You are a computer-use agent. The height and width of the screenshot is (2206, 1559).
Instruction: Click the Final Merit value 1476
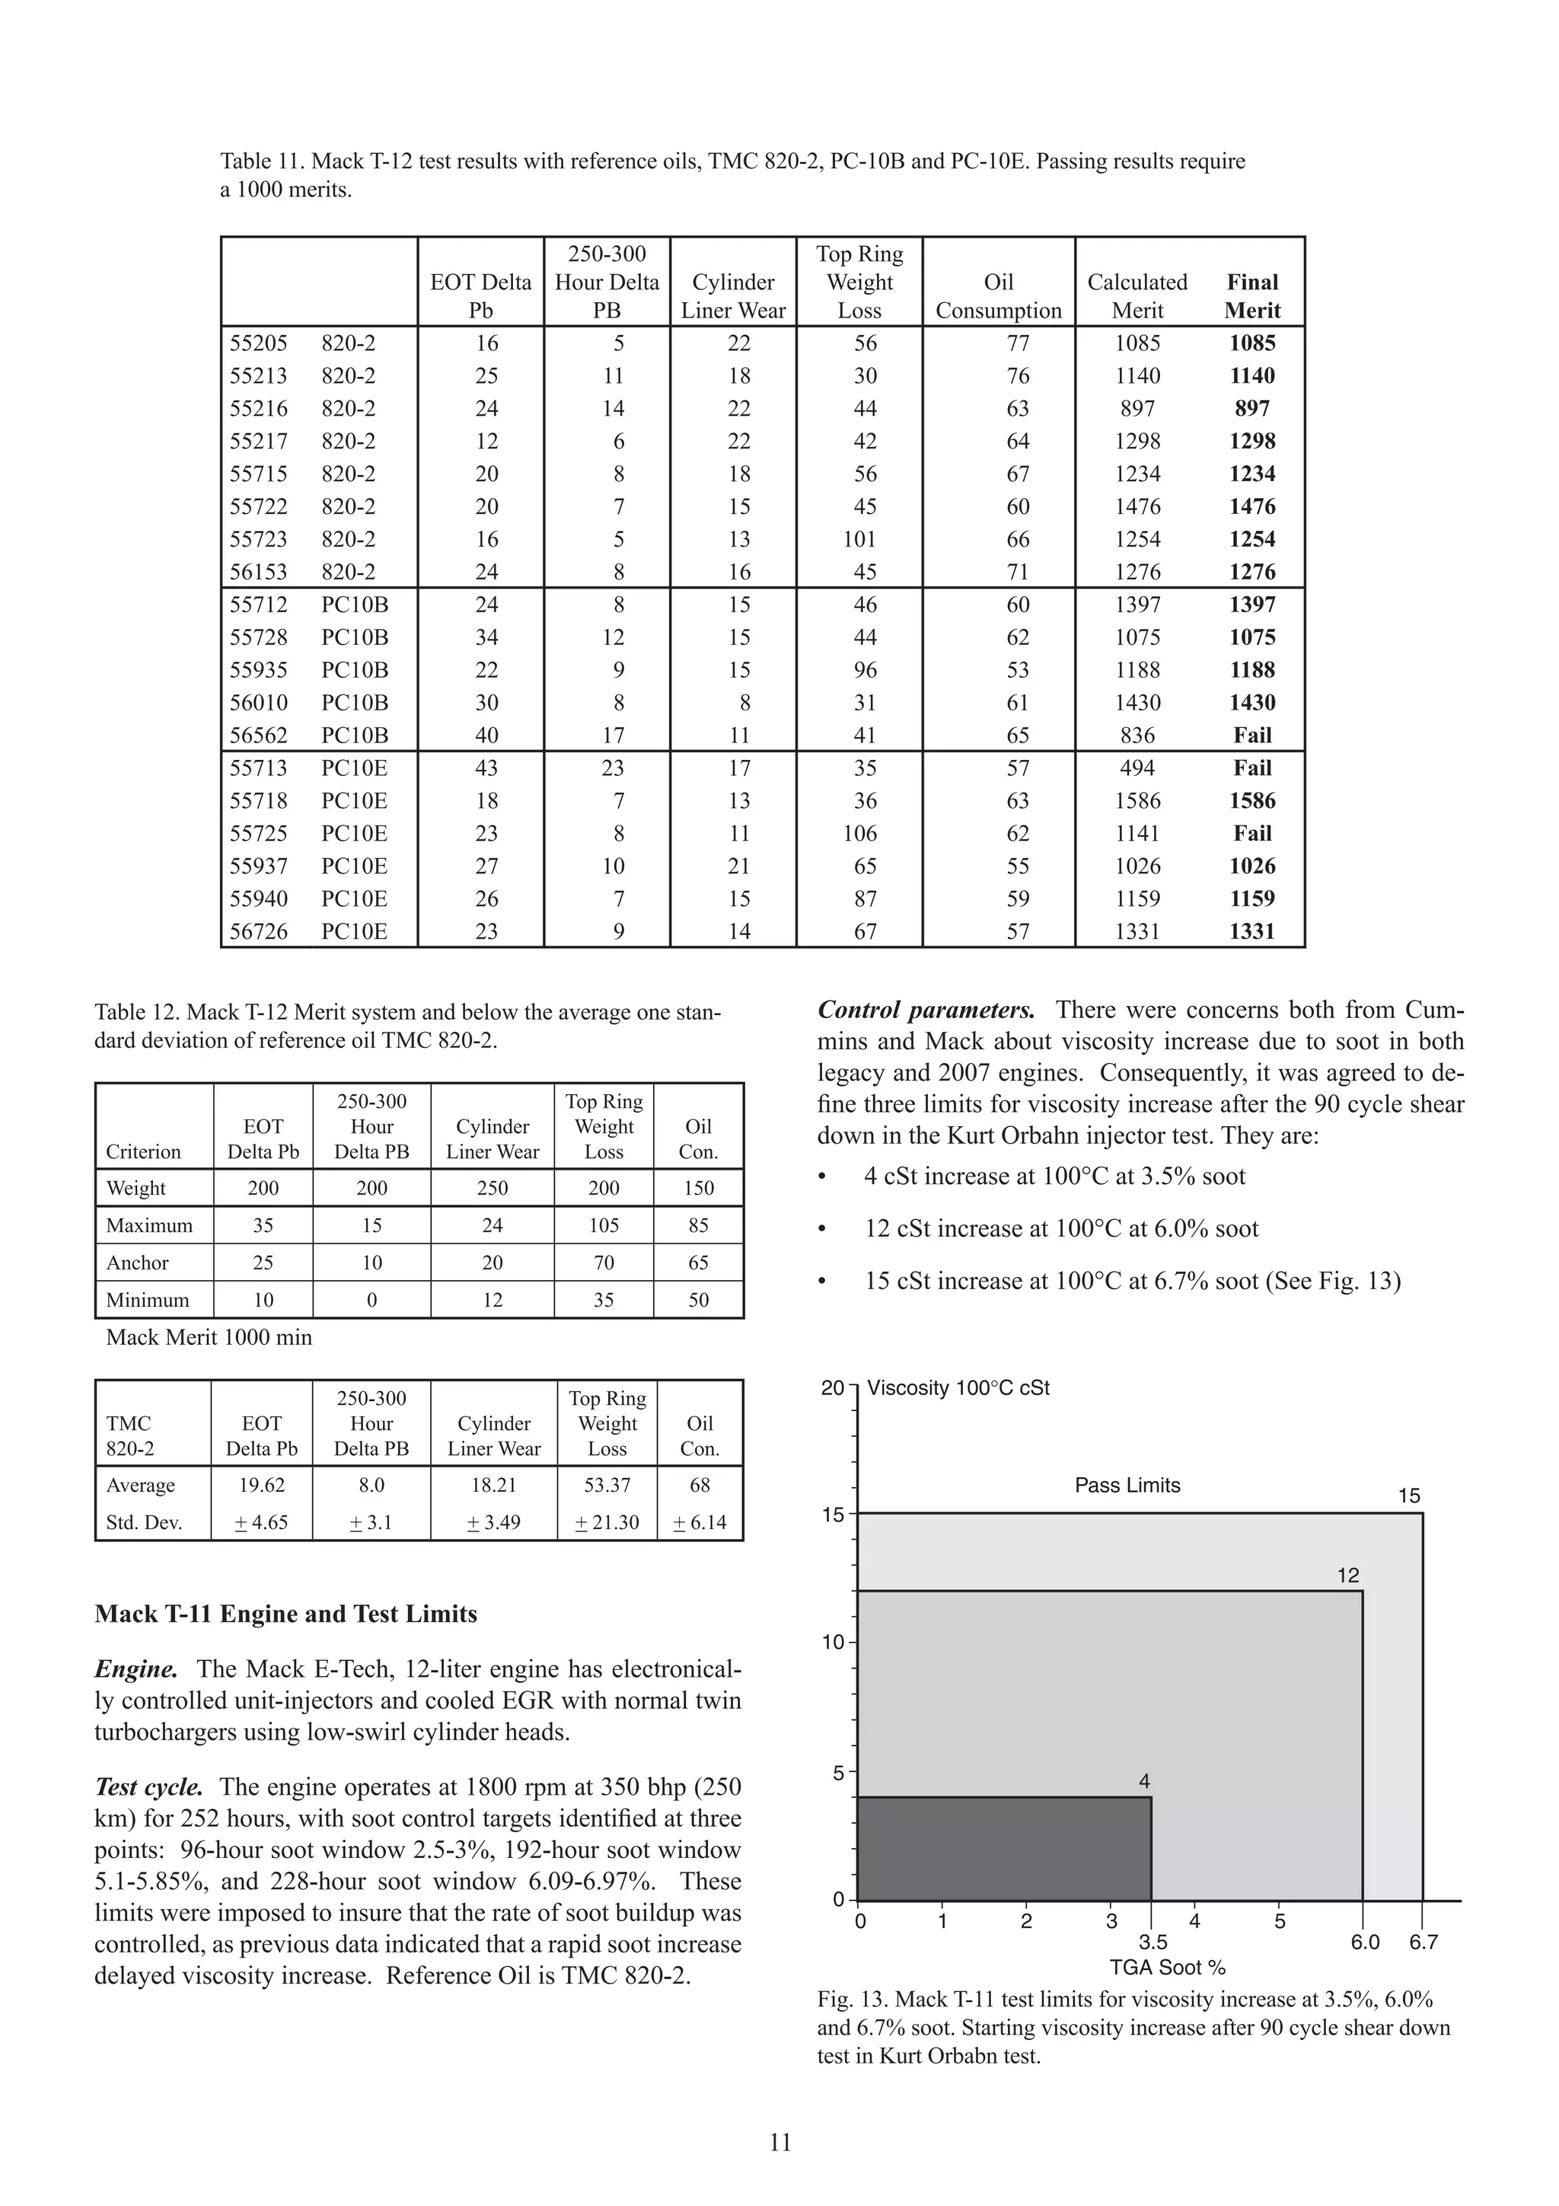[x=1251, y=506]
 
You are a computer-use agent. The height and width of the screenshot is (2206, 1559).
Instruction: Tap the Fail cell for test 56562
[x=1251, y=735]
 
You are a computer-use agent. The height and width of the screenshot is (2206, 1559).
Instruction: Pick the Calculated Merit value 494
[x=1137, y=768]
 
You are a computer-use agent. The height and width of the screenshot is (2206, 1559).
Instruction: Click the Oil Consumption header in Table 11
[x=998, y=296]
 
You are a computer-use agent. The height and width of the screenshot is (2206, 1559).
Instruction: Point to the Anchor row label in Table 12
[x=137, y=1263]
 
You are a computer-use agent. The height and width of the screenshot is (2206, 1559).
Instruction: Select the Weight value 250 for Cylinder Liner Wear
[x=492, y=1189]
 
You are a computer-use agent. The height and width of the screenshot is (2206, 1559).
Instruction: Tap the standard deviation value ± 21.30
[x=606, y=1522]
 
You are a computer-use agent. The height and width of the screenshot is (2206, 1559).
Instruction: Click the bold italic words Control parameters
[x=926, y=1010]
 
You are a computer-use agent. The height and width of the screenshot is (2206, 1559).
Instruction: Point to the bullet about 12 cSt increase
[x=1060, y=1229]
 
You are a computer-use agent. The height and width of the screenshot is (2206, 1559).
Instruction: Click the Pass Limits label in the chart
[x=1127, y=1486]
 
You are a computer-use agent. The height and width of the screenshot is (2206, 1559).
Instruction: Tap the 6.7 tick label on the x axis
[x=1423, y=1942]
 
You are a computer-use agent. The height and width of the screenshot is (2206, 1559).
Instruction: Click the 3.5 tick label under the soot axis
[x=1153, y=1942]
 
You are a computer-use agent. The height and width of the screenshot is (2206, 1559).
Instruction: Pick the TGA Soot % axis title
[x=1167, y=1967]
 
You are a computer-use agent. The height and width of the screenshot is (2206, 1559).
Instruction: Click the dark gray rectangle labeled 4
[x=1004, y=1849]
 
